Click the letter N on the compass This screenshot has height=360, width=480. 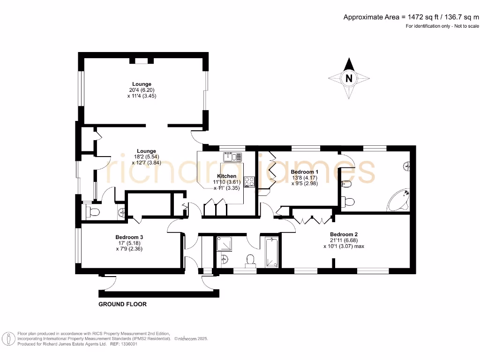point(348,78)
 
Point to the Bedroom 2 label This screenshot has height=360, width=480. point(344,234)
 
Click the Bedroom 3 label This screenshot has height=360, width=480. point(129,237)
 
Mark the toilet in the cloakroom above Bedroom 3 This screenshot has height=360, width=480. point(93,212)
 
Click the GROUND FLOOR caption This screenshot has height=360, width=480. point(122,304)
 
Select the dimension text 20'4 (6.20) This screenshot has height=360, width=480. point(135,90)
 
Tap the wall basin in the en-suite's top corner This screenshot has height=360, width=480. point(407,165)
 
